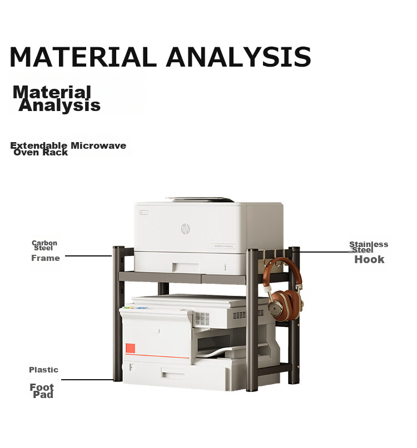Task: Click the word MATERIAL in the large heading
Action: (83, 57)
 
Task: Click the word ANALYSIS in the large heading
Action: (239, 57)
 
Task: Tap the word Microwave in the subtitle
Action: (98, 145)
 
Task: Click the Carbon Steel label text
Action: (44, 245)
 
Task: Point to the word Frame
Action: (46, 258)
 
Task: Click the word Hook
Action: (369, 259)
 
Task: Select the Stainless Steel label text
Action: (369, 247)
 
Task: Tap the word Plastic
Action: (43, 370)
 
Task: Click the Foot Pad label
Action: (42, 391)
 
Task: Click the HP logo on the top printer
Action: (186, 229)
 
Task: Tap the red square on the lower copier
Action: (130, 348)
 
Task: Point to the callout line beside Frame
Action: (88, 256)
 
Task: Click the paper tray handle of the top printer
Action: (186, 268)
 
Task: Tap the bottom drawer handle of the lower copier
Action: (173, 374)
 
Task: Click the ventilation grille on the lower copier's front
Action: (202, 319)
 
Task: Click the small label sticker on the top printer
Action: (224, 246)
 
